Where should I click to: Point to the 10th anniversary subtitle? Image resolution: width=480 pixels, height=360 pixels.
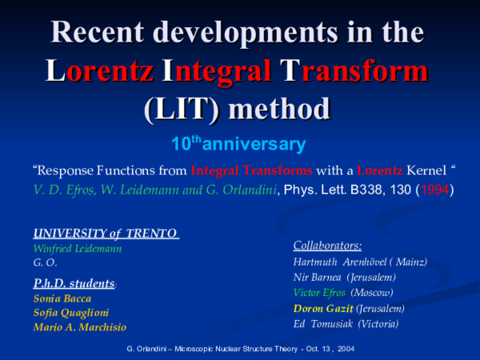[238, 145]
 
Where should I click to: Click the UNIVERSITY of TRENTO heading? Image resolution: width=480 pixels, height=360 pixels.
[105, 234]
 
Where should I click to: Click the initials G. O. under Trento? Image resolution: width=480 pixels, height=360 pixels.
[44, 262]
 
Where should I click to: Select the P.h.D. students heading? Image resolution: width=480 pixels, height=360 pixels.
[74, 282]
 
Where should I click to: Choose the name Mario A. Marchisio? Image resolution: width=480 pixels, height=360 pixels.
[79, 326]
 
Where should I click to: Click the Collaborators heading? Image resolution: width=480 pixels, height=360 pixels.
[328, 246]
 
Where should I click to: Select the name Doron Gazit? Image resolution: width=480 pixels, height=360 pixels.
[322, 308]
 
